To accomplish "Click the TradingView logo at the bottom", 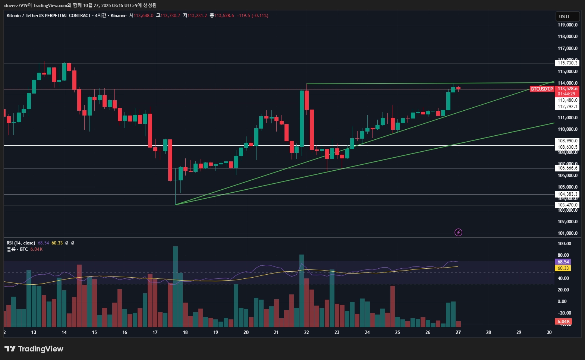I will [x=34, y=349].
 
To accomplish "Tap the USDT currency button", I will [x=567, y=16].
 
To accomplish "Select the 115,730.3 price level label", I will [x=567, y=63].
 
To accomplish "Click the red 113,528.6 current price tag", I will [x=567, y=89].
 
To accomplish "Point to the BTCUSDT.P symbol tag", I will [x=542, y=89].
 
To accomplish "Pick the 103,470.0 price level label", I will [x=567, y=205].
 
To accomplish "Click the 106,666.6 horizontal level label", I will [x=567, y=168].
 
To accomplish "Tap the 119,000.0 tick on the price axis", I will [x=567, y=25].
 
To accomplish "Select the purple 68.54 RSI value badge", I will [x=563, y=262].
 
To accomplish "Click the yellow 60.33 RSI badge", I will [x=563, y=268].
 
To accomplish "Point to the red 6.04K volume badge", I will [x=563, y=322].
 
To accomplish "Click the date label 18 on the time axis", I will [x=185, y=332].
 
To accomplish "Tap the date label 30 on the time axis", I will [x=549, y=332].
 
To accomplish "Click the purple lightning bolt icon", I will [x=458, y=233].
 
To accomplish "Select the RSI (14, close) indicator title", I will [x=21, y=243].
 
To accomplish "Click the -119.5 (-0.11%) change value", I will [x=252, y=16].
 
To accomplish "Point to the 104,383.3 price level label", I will [x=567, y=194].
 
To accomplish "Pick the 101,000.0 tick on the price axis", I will [x=567, y=233].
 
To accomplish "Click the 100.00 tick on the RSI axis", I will [x=564, y=244].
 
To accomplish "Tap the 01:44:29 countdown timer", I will [x=566, y=94].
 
